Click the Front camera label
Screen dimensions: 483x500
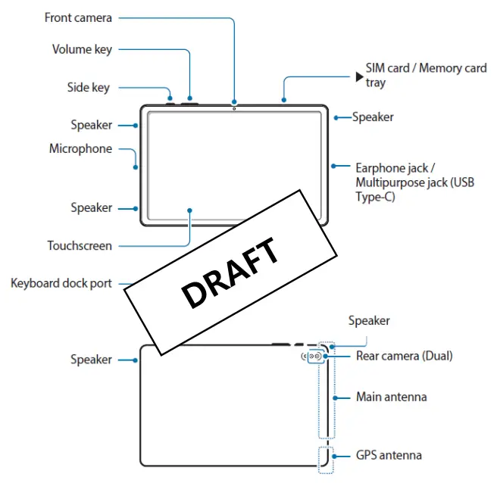(x=78, y=17)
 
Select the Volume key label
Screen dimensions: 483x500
(x=82, y=50)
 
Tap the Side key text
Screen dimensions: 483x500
(x=88, y=88)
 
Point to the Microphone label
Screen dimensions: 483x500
(x=80, y=149)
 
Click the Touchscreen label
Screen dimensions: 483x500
(x=80, y=245)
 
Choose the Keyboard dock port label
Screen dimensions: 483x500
(x=61, y=284)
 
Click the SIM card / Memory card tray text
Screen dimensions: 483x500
(x=426, y=75)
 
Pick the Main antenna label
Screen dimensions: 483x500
(x=391, y=397)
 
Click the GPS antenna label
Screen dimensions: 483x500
(x=389, y=456)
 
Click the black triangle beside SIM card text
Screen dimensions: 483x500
(x=359, y=76)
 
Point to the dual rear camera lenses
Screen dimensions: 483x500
(x=315, y=355)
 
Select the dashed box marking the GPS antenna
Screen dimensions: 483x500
(x=326, y=459)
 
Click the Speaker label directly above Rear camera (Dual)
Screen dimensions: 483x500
(x=369, y=321)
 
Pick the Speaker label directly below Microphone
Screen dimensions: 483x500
(x=91, y=207)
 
